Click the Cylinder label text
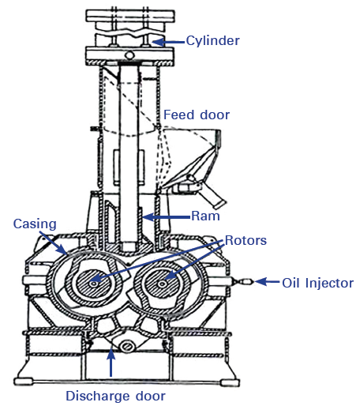click(214, 40)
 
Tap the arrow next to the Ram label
click(166, 215)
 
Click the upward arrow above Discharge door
click(111, 364)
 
